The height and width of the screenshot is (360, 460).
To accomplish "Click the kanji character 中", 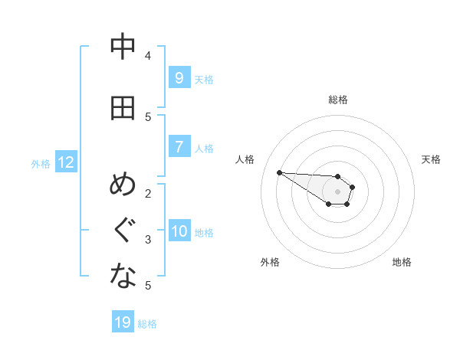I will (123, 47).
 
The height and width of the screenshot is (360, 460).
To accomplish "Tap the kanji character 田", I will (123, 108).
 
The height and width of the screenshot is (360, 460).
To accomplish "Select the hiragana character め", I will (123, 185).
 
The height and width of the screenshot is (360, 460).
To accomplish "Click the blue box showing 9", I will (179, 77).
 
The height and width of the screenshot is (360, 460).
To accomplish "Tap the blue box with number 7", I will (179, 146).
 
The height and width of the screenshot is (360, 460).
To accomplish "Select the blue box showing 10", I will (179, 231).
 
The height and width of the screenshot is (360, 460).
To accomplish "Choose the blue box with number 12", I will (65, 162).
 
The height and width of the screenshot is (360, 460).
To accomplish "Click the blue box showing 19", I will (123, 322).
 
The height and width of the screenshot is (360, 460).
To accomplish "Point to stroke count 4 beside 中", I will (148, 55).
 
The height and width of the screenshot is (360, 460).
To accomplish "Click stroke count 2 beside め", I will (148, 193).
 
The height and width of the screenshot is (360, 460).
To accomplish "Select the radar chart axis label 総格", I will (337, 100).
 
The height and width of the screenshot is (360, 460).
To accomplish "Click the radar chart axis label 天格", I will (431, 159).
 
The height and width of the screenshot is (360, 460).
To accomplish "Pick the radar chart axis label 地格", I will (402, 262).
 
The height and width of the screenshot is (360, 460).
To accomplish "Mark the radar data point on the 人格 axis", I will (279, 172).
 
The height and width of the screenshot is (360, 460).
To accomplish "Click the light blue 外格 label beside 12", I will (41, 163).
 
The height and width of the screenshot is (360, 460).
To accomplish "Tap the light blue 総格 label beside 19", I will (147, 324).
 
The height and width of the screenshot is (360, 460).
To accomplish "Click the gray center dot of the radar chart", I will (337, 191).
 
